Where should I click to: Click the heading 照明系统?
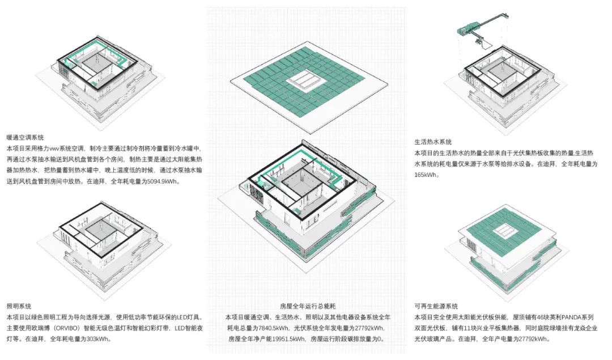tap(19, 306)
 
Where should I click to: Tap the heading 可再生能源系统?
tap(436, 306)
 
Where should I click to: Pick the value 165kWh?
tap(426, 175)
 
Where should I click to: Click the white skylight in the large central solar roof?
tap(307, 82)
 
